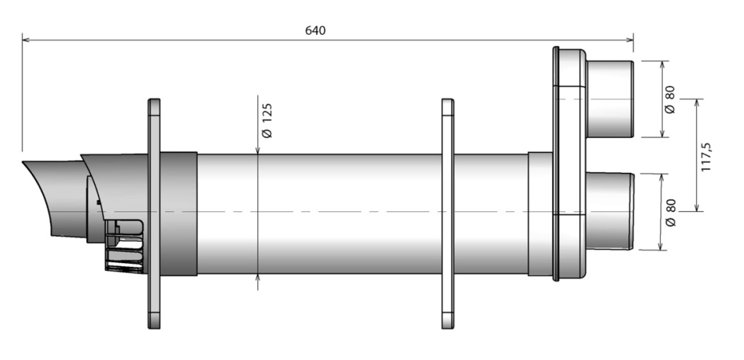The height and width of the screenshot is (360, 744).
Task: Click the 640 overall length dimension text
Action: (x=315, y=31)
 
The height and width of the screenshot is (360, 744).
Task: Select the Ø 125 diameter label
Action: (x=267, y=120)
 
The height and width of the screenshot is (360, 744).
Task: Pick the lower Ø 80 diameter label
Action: (x=669, y=212)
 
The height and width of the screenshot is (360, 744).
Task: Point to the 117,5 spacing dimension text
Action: (x=706, y=155)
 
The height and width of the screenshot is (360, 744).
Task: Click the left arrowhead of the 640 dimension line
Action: (x=26, y=40)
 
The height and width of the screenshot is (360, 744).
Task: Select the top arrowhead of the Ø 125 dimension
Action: (x=257, y=150)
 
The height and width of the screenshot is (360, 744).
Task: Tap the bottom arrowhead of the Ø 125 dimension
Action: (x=257, y=280)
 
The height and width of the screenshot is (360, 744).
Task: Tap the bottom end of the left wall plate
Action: (x=154, y=323)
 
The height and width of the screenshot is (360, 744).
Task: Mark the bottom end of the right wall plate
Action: (x=447, y=323)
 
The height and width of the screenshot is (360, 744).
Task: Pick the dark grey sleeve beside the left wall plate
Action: (x=180, y=213)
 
